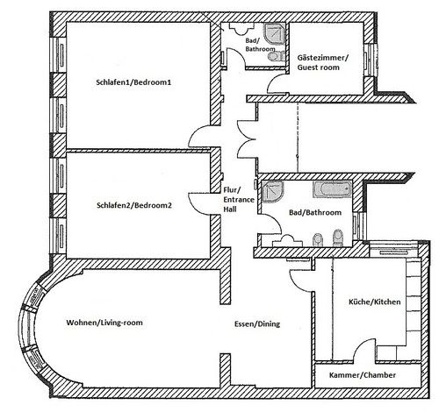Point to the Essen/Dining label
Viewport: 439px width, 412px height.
coord(256,324)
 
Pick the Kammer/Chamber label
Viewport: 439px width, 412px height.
coord(362,375)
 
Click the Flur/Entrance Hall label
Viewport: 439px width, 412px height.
coord(233,201)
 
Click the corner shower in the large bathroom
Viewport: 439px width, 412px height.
coord(272,190)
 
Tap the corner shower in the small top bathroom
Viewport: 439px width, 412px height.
coord(277,32)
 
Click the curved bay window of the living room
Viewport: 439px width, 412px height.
coord(31,323)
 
